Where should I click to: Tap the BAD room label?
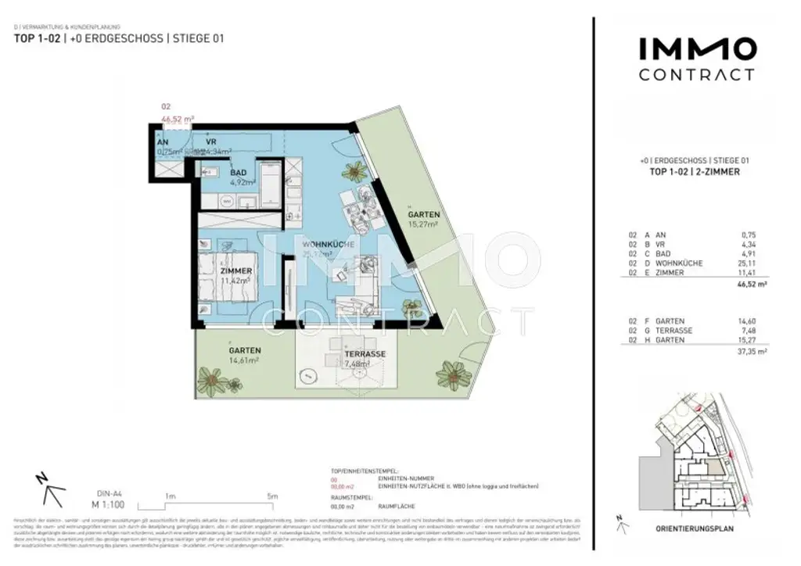pyautogui.click(x=239, y=173)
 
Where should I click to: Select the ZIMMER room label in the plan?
pyautogui.click(x=236, y=270)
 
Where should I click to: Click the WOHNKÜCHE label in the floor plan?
pyautogui.click(x=329, y=245)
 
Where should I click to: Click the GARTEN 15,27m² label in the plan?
pyautogui.click(x=423, y=214)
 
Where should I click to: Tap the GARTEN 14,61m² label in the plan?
pyautogui.click(x=245, y=350)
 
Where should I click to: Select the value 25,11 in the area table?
pyautogui.click(x=736, y=263)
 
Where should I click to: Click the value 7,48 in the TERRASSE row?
pyautogui.click(x=738, y=330)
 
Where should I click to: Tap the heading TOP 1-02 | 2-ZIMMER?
pyautogui.click(x=695, y=171)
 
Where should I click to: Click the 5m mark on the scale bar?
pyautogui.click(x=271, y=496)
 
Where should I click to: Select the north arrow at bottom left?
pyautogui.click(x=52, y=489)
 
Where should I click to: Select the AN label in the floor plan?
pyautogui.click(x=163, y=142)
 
